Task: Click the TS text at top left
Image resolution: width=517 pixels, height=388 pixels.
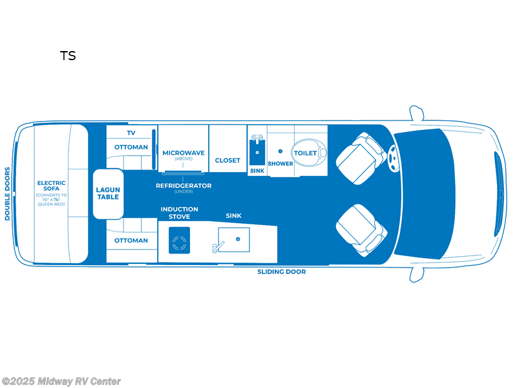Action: (x=69, y=56)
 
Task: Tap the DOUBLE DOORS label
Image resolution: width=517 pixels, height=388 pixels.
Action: (x=8, y=194)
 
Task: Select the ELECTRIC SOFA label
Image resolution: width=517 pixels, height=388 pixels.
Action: (x=52, y=187)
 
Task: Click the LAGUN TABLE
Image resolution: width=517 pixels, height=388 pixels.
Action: (x=108, y=193)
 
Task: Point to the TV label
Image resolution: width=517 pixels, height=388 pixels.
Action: (x=131, y=133)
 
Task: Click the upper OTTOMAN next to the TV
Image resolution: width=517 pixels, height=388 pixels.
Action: (x=131, y=147)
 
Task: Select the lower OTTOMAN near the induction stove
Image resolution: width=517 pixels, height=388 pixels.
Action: (x=131, y=241)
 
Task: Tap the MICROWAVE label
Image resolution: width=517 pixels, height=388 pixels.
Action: (x=184, y=153)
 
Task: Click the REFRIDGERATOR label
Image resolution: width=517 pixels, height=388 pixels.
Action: (x=184, y=186)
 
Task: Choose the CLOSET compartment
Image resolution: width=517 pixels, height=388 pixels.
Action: (x=227, y=160)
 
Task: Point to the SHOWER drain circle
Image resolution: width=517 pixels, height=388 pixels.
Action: (x=280, y=151)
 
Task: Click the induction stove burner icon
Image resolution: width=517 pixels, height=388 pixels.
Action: (x=179, y=244)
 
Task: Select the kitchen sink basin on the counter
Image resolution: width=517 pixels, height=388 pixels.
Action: (x=233, y=240)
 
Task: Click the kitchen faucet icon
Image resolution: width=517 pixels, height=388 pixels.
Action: (x=217, y=246)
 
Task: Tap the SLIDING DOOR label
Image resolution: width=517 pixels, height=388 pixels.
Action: (x=282, y=272)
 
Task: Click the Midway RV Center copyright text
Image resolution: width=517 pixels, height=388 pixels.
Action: (x=61, y=382)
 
